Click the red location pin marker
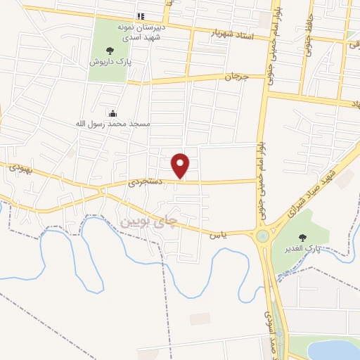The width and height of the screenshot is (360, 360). (181, 165)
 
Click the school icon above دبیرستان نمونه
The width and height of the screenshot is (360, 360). (141, 16)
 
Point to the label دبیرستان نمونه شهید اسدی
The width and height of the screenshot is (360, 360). (141, 31)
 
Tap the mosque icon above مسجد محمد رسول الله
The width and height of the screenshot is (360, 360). (112, 112)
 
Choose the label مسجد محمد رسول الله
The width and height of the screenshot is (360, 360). (112, 124)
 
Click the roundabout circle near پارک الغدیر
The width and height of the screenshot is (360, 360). (263, 236)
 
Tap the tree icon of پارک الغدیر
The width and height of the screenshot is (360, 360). (303, 238)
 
